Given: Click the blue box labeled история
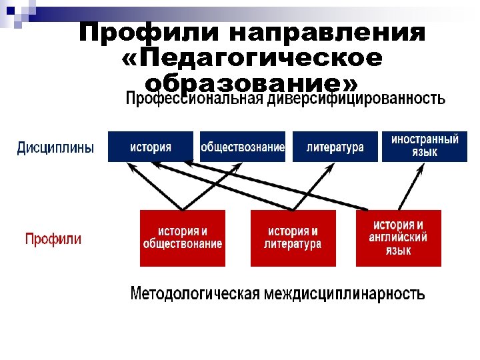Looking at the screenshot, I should [x=150, y=147].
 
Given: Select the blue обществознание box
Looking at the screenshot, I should [x=243, y=147].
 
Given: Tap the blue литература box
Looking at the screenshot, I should [x=334, y=147].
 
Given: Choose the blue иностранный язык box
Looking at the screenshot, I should [x=425, y=147].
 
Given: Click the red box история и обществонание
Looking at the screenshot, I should [x=183, y=238].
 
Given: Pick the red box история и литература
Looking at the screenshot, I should [x=293, y=238].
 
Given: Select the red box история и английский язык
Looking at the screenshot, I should [x=398, y=238].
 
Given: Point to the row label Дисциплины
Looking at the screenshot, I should [x=55, y=148].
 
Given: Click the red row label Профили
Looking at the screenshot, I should [x=53, y=239].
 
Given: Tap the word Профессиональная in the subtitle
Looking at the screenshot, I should [x=195, y=100].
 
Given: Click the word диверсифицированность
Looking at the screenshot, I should [x=357, y=100].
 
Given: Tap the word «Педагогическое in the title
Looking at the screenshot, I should [x=253, y=59].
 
